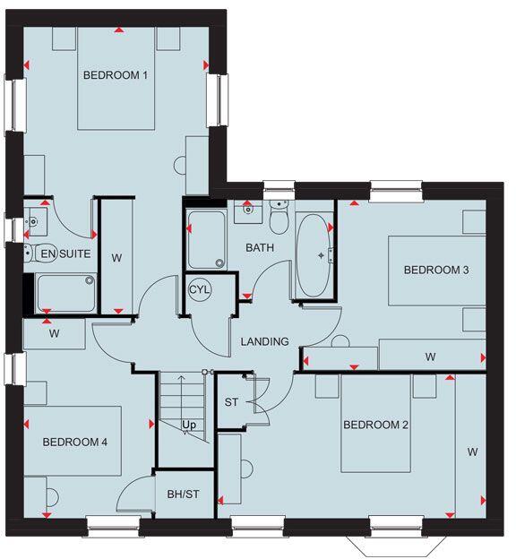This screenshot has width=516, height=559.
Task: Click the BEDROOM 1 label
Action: tap(115, 76)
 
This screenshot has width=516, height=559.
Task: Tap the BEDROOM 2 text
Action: tap(375, 425)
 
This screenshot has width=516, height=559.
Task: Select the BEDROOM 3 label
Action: tap(436, 270)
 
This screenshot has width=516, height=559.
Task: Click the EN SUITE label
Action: tap(65, 254)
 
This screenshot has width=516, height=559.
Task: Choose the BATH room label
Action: tap(260, 247)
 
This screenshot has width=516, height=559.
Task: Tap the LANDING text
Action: tap(264, 341)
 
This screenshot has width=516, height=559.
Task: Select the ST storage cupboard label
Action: tap(231, 402)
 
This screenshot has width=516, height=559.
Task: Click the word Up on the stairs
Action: tap(189, 425)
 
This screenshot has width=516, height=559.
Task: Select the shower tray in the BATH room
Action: tap(206, 240)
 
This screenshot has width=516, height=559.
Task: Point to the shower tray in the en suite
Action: tap(65, 293)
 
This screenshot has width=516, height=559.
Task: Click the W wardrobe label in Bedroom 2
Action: tap(471, 452)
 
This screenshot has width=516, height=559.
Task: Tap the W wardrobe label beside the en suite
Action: tap(116, 259)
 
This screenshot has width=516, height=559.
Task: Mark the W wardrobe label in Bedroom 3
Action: tap(430, 357)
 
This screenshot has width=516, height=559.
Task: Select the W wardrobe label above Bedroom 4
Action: tap(54, 335)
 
